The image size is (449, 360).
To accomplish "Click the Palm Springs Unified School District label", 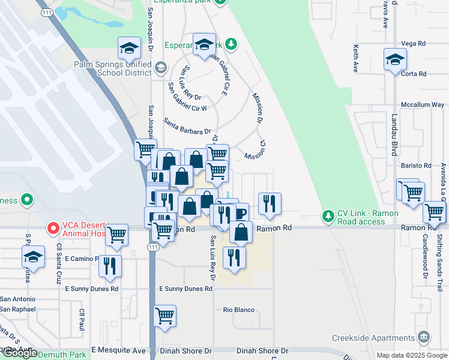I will point(112,68).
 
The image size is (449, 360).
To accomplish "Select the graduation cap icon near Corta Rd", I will point(396,60).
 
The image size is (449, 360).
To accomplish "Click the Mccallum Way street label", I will point(423,104).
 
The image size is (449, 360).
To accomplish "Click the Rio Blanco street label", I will point(235,310).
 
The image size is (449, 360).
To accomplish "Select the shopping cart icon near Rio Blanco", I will point(164,315).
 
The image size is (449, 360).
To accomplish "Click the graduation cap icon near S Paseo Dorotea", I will point(34,257).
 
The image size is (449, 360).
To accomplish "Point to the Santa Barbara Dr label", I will point(187,126).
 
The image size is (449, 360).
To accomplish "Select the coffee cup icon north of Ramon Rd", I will point(239,214).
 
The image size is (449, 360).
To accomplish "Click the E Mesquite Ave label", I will point(118,350).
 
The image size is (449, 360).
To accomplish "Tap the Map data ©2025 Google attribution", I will point(411,355).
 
